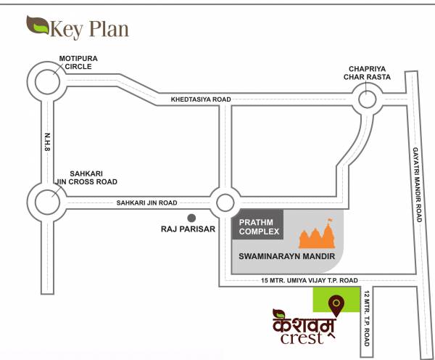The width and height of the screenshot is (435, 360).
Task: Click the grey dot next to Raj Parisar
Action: pos(192,217)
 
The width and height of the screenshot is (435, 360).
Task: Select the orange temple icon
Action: pos(320,235)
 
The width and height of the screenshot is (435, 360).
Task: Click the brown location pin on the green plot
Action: pos(336,301)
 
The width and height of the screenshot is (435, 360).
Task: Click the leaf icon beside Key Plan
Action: pos(36,26)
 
